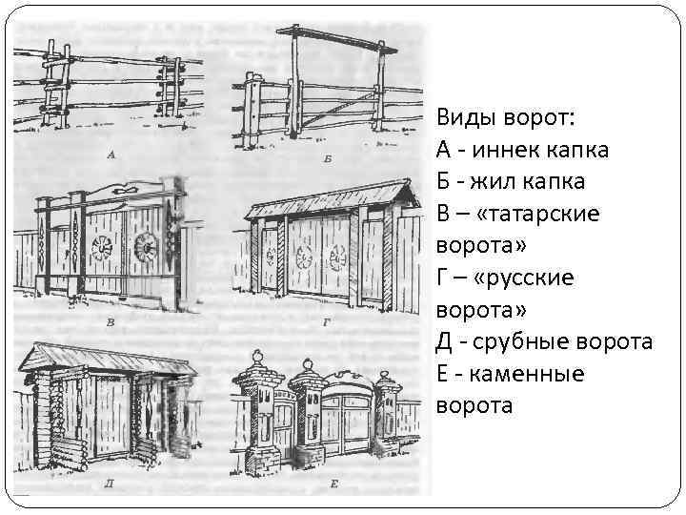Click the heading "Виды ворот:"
505,117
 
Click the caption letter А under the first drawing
111,154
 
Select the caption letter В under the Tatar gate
111,322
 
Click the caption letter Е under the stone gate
335,484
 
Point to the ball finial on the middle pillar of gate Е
307,364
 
